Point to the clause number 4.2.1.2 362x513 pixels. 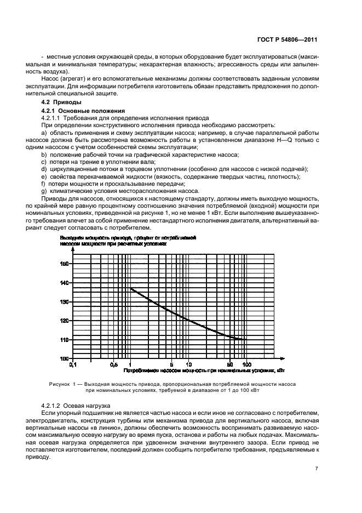[x=54, y=404]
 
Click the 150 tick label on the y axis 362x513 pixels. [x=65, y=264]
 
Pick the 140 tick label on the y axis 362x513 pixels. [x=65, y=283]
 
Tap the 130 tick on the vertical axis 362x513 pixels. [x=65, y=302]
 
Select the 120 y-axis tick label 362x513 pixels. [x=65, y=321]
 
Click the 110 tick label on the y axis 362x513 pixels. [x=65, y=340]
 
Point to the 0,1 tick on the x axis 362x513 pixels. [x=71, y=364]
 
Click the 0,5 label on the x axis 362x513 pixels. [x=113, y=364]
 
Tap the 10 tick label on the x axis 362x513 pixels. [x=188, y=364]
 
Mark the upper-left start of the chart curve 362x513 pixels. [x=130, y=288]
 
